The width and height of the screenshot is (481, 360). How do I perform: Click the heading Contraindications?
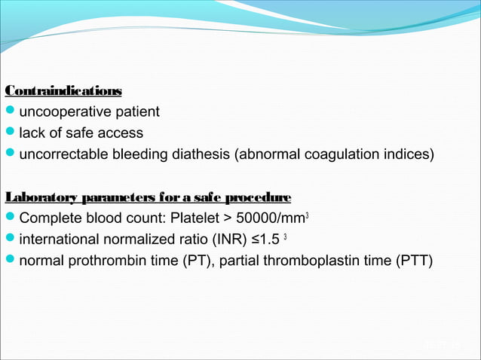(x=63, y=91)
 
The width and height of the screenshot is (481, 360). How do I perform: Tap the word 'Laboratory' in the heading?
(x=38, y=198)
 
